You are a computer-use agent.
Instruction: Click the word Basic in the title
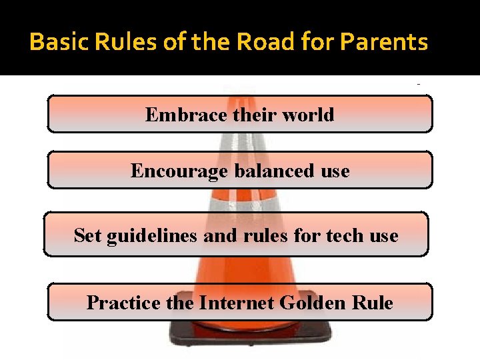coord(53,42)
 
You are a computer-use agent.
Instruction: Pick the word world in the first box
coord(307,115)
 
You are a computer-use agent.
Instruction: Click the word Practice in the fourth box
coord(123,303)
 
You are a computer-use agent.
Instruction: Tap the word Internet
coord(237,303)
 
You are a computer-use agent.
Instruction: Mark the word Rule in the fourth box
coord(375,303)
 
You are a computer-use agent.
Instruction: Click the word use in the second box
coord(335,171)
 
